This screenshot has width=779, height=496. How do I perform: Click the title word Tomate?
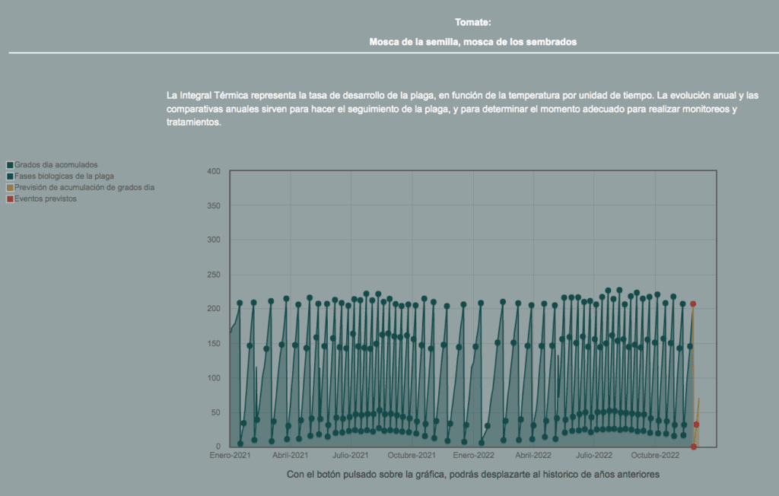pyautogui.click(x=473, y=22)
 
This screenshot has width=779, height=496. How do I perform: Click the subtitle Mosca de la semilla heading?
pyautogui.click(x=473, y=43)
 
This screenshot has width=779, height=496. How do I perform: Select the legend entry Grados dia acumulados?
pyautogui.click(x=56, y=165)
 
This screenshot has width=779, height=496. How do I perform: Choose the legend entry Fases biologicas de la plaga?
pyautogui.click(x=64, y=176)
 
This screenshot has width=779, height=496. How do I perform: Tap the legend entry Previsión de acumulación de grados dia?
pyautogui.click(x=84, y=187)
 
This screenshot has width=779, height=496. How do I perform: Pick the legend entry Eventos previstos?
pyautogui.click(x=45, y=199)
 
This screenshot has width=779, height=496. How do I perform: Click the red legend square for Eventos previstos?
pyautogui.click(x=10, y=199)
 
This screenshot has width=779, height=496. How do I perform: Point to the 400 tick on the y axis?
pyautogui.click(x=214, y=171)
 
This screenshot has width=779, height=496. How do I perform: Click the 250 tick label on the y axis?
pyautogui.click(x=214, y=275)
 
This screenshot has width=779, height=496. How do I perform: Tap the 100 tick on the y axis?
pyautogui.click(x=214, y=378)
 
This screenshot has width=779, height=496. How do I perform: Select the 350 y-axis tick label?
pyautogui.click(x=214, y=205)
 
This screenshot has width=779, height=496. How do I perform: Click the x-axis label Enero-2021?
pyautogui.click(x=230, y=455)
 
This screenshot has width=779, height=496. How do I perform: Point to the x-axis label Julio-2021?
pyautogui.click(x=351, y=455)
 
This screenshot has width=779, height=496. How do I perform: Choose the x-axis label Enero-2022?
pyautogui.click(x=473, y=455)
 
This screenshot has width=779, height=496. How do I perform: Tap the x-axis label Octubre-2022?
pyautogui.click(x=655, y=455)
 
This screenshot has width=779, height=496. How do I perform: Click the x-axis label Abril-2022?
pyautogui.click(x=533, y=455)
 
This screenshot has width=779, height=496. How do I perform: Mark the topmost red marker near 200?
pyautogui.click(x=693, y=304)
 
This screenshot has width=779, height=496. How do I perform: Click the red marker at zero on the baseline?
pyautogui.click(x=694, y=447)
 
